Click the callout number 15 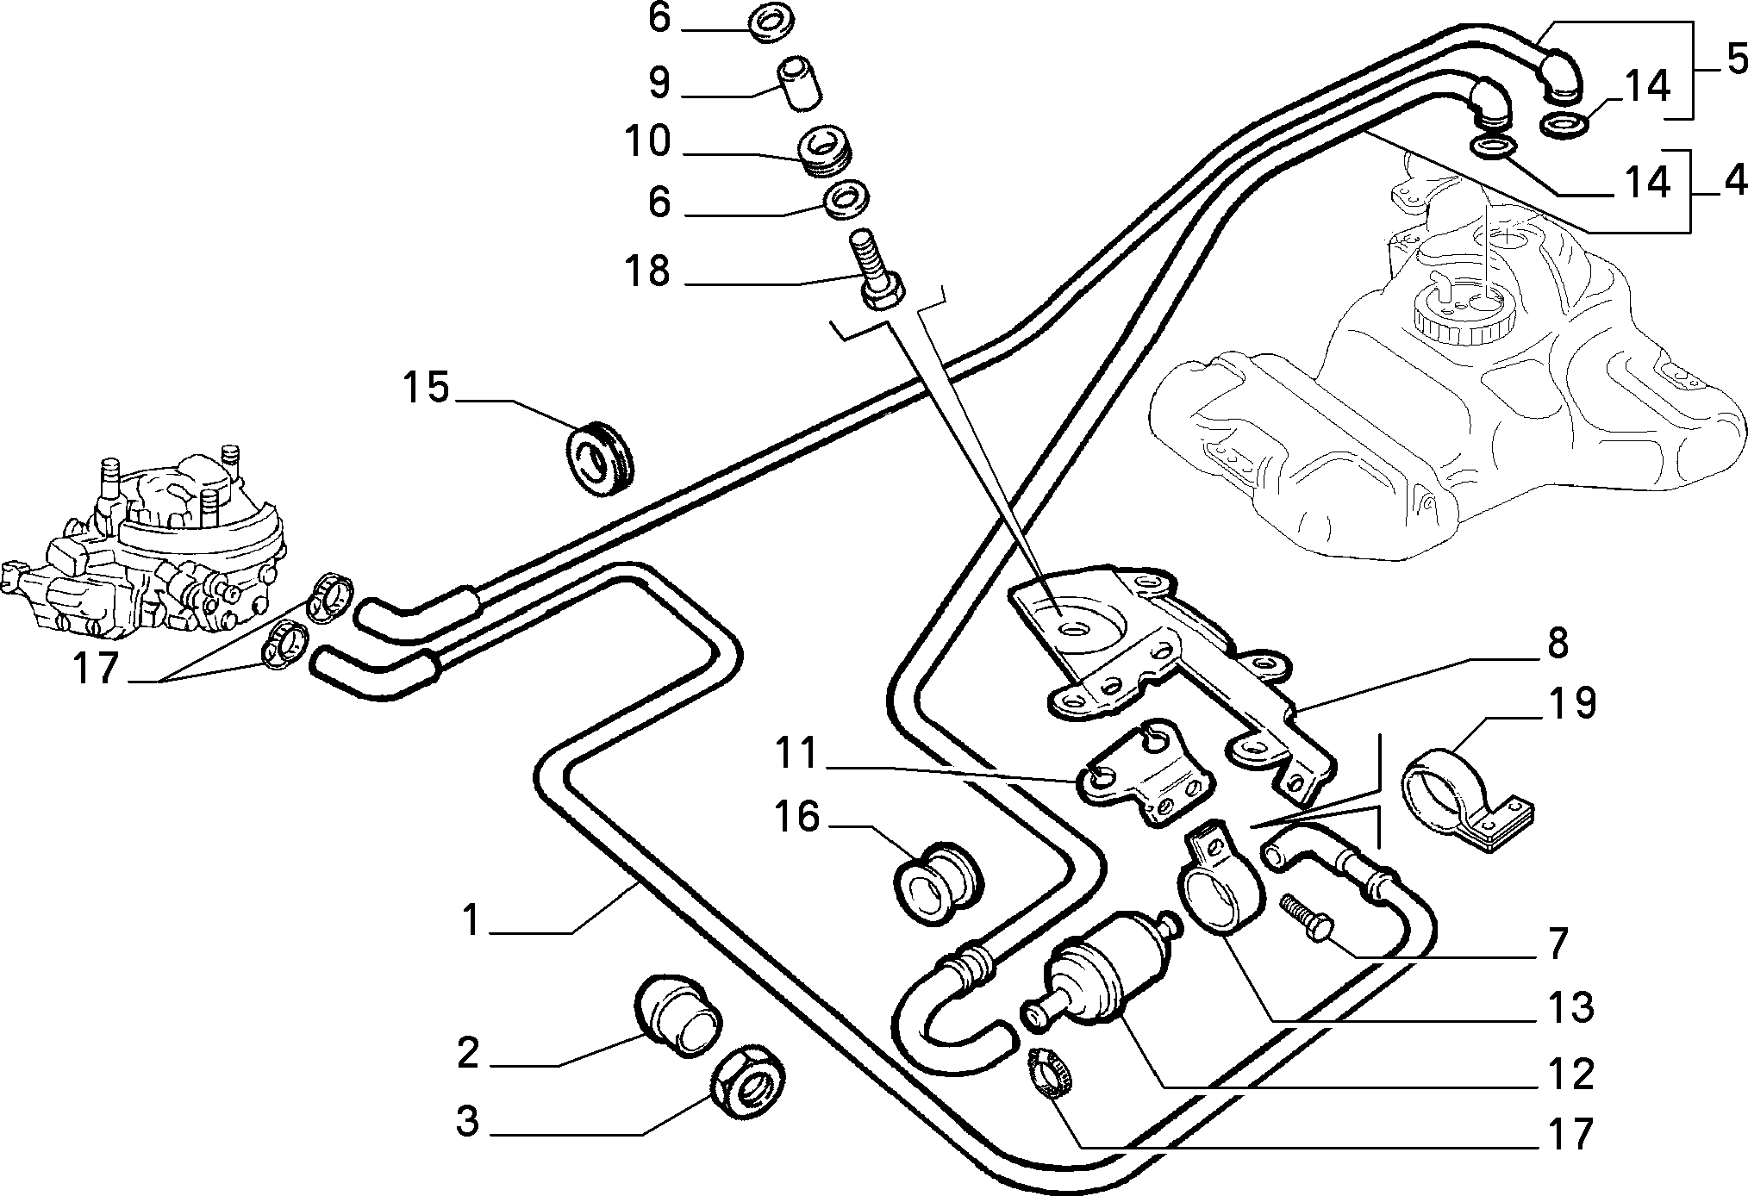pyautogui.click(x=428, y=388)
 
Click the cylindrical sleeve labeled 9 pyautogui.click(x=798, y=82)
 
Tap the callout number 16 pyautogui.click(x=796, y=816)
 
